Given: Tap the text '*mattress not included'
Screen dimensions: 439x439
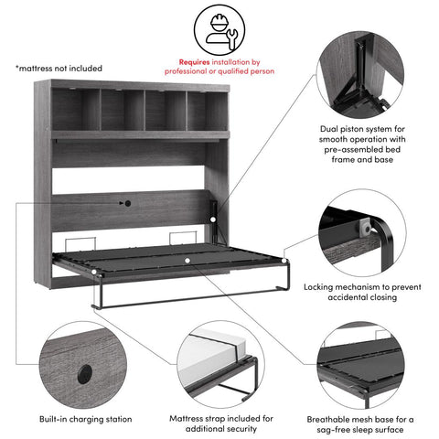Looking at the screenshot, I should point(59,69).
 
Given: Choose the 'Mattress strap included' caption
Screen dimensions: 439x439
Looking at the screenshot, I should point(219,423).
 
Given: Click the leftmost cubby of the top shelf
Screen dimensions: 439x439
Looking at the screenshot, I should point(76,111).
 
